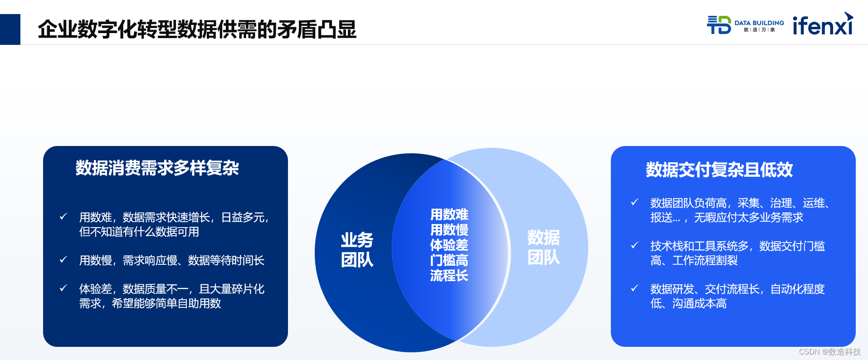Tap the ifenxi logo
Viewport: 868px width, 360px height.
click(x=823, y=25)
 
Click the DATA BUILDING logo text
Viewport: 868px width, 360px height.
click(x=759, y=23)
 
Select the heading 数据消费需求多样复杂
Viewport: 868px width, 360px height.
click(x=157, y=168)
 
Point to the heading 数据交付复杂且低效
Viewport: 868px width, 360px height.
click(x=719, y=170)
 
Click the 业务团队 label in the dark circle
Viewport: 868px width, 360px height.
click(x=357, y=250)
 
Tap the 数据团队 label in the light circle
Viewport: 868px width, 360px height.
click(x=543, y=248)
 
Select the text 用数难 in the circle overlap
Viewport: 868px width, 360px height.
click(x=449, y=214)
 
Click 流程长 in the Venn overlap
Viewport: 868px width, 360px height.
click(x=449, y=276)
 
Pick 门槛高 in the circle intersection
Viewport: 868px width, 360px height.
click(x=449, y=260)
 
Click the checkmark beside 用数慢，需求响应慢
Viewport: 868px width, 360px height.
click(x=63, y=260)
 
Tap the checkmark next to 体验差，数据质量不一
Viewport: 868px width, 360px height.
click(x=63, y=288)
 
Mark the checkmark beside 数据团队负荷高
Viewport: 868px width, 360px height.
click(x=634, y=202)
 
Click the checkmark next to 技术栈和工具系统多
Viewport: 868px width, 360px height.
click(x=634, y=245)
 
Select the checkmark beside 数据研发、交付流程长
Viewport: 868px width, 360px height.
click(x=634, y=288)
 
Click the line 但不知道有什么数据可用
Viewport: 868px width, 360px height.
click(x=139, y=232)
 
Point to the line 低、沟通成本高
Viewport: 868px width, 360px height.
click(x=688, y=304)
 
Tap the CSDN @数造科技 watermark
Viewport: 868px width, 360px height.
click(x=829, y=352)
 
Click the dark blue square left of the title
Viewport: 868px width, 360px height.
click(x=10, y=29)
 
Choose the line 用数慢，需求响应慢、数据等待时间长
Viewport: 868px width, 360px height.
click(x=171, y=261)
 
